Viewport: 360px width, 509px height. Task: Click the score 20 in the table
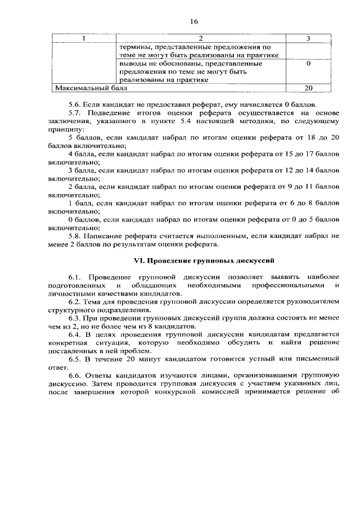pyautogui.click(x=308, y=88)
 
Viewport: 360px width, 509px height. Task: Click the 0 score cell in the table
pyautogui.click(x=308, y=64)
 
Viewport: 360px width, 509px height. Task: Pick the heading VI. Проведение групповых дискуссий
pyautogui.click(x=203, y=261)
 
